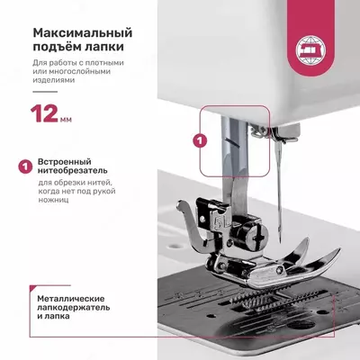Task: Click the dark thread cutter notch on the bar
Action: pyautogui.click(x=230, y=141)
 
